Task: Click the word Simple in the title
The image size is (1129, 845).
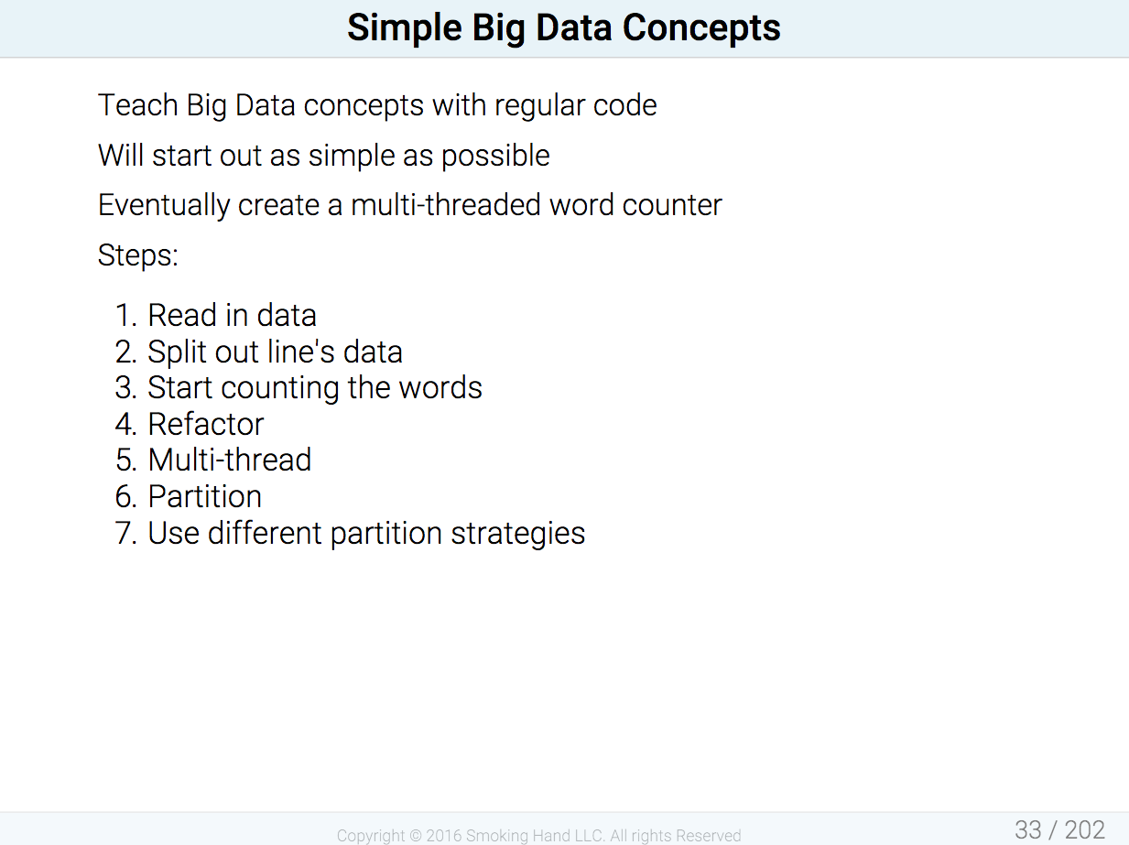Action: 405,28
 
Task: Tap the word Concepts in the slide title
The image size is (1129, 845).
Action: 701,28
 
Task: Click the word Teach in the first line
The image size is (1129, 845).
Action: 138,105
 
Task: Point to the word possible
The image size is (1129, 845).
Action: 495,156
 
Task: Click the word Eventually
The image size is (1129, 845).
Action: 164,206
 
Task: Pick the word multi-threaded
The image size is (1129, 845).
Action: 445,205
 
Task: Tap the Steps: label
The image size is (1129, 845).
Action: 138,255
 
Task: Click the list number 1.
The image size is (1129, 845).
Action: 125,315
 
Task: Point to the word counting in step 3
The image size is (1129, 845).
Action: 280,389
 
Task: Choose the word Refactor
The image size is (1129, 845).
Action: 206,424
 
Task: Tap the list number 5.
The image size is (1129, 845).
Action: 126,460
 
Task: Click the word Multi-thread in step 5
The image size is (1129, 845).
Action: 230,460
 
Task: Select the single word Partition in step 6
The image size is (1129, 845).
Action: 205,497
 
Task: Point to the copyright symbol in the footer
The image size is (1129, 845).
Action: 415,836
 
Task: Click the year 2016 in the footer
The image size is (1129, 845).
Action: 444,836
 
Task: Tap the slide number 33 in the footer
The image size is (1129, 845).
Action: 1028,829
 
